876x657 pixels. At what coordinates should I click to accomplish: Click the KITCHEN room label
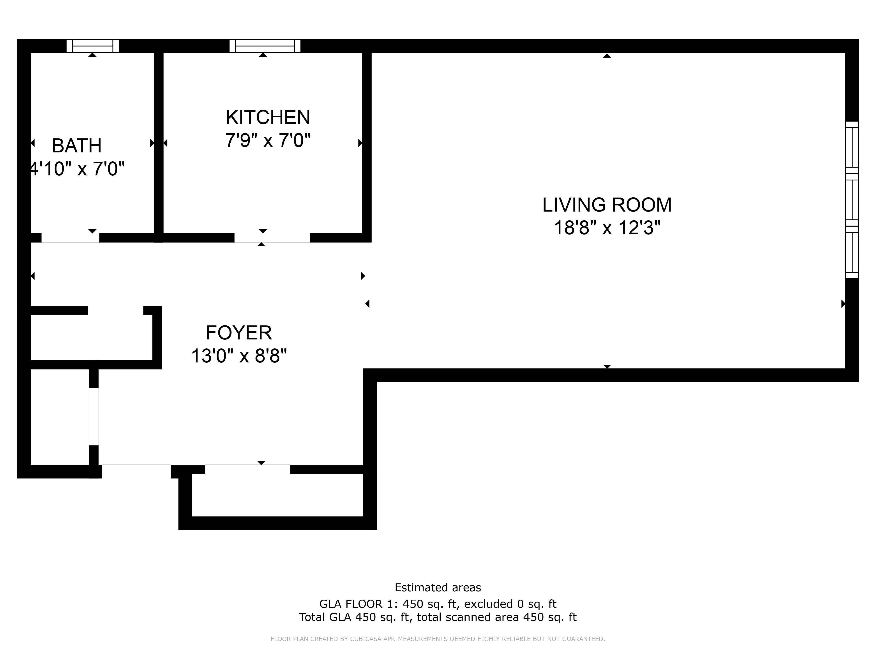click(x=268, y=117)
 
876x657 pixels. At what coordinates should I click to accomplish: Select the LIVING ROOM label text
click(x=607, y=205)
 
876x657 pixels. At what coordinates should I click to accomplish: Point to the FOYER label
click(x=239, y=333)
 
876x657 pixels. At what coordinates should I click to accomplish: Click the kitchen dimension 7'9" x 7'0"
click(x=268, y=140)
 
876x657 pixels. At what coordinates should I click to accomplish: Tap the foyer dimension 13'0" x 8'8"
click(x=239, y=356)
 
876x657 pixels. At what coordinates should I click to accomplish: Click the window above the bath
click(x=93, y=46)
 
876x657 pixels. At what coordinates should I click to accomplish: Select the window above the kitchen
click(x=265, y=46)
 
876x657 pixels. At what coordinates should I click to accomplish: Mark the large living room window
click(x=852, y=200)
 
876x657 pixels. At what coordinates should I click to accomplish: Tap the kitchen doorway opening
click(x=272, y=238)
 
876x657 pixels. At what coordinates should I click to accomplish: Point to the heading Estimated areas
click(x=438, y=588)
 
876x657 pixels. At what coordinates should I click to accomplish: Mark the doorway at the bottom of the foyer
click(x=247, y=469)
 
